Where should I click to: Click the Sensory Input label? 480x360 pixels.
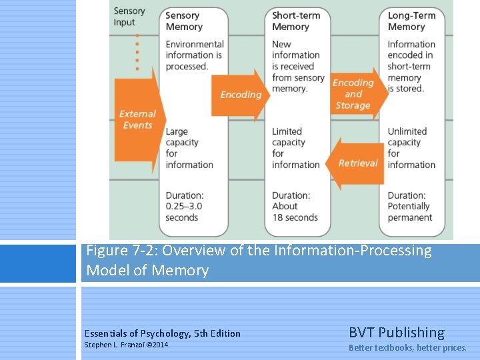(129, 17)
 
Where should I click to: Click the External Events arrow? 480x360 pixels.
(137, 119)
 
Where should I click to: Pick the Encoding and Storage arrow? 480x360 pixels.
(357, 94)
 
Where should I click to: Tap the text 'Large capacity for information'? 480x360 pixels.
(189, 148)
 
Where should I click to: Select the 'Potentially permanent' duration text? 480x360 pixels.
(410, 207)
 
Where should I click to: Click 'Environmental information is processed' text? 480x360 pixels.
(194, 55)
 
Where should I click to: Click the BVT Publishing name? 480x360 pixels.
(396, 333)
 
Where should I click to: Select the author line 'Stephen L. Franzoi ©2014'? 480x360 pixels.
(126, 345)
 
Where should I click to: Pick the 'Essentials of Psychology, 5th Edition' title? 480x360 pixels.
(163, 333)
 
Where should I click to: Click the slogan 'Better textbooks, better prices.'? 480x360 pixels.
(407, 347)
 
